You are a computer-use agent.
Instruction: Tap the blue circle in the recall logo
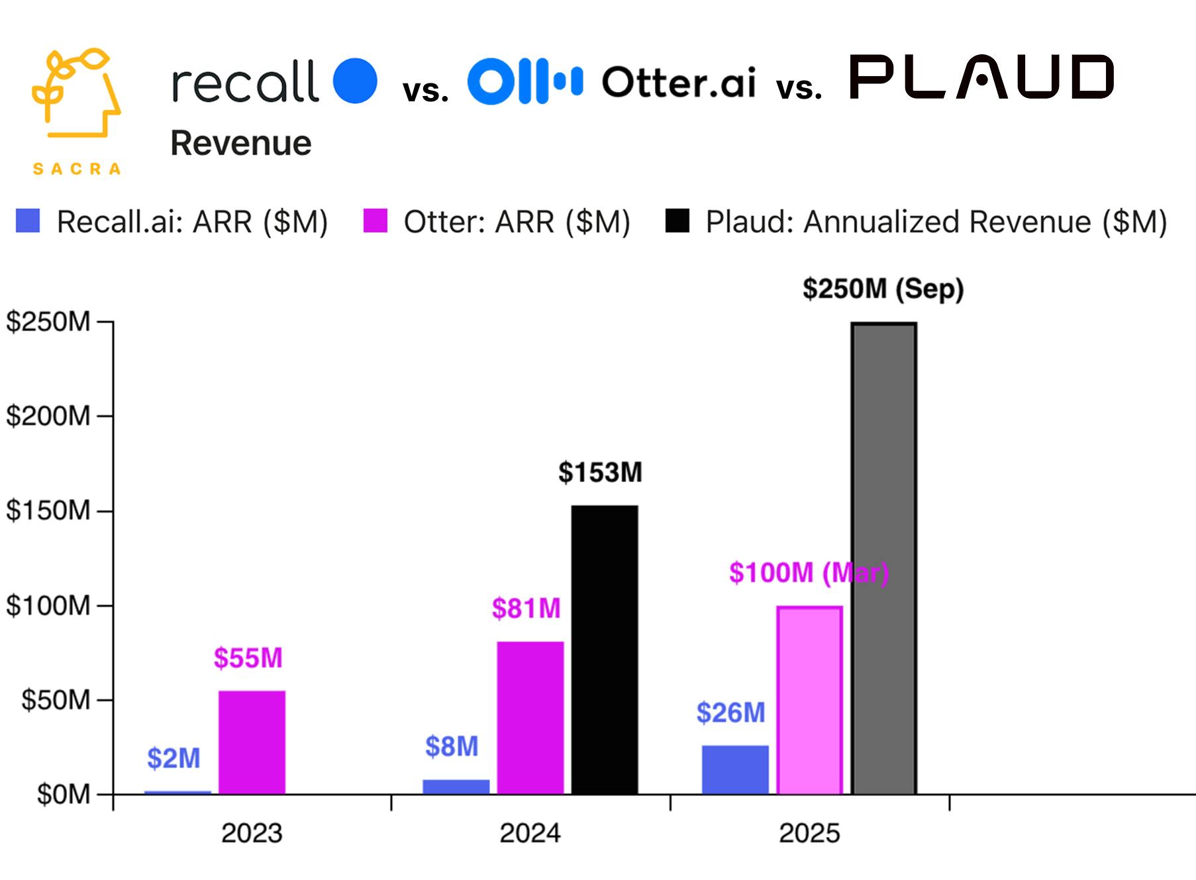355,81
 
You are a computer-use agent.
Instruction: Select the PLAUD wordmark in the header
981,77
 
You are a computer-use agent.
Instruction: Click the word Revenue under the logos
241,143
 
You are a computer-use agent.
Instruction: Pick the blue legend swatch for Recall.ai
28,221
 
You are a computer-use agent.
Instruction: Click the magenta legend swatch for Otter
375,221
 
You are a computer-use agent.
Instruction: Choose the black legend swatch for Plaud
677,221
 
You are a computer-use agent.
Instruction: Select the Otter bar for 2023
252,742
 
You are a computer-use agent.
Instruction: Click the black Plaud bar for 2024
605,650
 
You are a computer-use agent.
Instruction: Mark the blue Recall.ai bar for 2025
735,769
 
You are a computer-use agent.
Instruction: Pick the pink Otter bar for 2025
809,700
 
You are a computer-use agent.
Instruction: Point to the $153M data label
600,472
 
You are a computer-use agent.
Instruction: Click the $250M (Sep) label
883,289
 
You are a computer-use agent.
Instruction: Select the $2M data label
174,758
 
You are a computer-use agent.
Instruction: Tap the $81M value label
526,608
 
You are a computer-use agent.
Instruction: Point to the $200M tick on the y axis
48,416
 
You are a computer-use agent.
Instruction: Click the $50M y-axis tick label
56,700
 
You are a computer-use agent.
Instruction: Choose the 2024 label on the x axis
530,833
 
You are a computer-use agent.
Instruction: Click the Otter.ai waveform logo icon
525,81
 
